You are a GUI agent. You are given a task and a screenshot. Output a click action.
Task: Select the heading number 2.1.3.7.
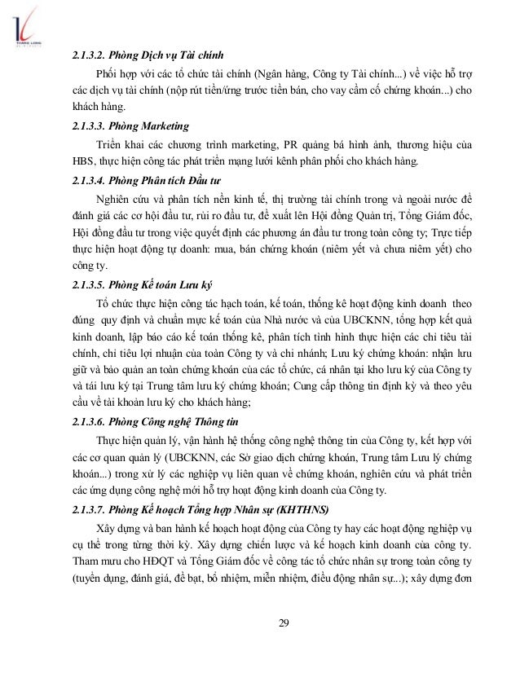pos(89,510)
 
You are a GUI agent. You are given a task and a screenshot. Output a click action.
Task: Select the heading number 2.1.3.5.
pos(89,285)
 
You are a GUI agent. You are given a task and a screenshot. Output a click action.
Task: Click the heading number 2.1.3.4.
pos(89,180)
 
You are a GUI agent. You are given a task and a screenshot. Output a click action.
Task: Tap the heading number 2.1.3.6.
pos(89,422)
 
